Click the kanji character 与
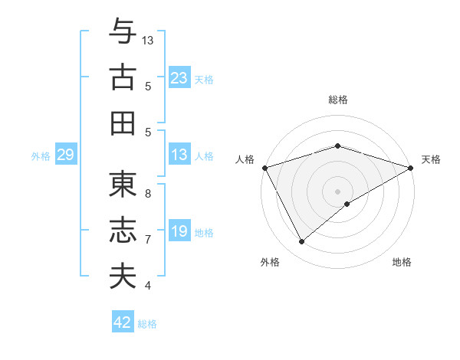click(122, 31)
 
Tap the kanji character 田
click(122, 123)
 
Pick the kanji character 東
click(122, 185)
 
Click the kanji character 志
click(122, 231)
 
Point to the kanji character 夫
click(122, 277)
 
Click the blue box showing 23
click(179, 77)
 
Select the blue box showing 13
click(179, 155)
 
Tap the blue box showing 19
click(179, 231)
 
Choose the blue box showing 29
click(65, 155)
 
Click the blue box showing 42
click(123, 322)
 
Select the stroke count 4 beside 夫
click(148, 286)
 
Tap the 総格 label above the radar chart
click(337, 100)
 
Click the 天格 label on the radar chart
click(432, 159)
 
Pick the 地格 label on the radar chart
click(402, 262)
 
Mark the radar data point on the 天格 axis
click(411, 167)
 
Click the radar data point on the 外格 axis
click(301, 242)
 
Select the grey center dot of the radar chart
click(337, 191)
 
